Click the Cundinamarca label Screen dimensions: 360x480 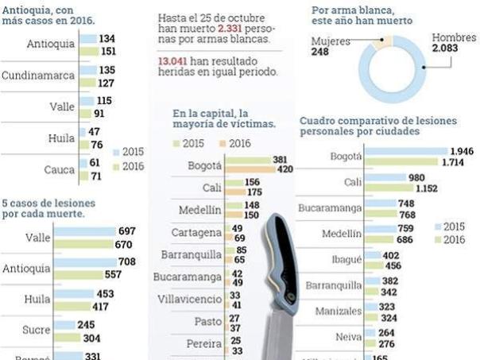coord(37,75)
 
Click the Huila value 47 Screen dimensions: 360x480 coord(94,132)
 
